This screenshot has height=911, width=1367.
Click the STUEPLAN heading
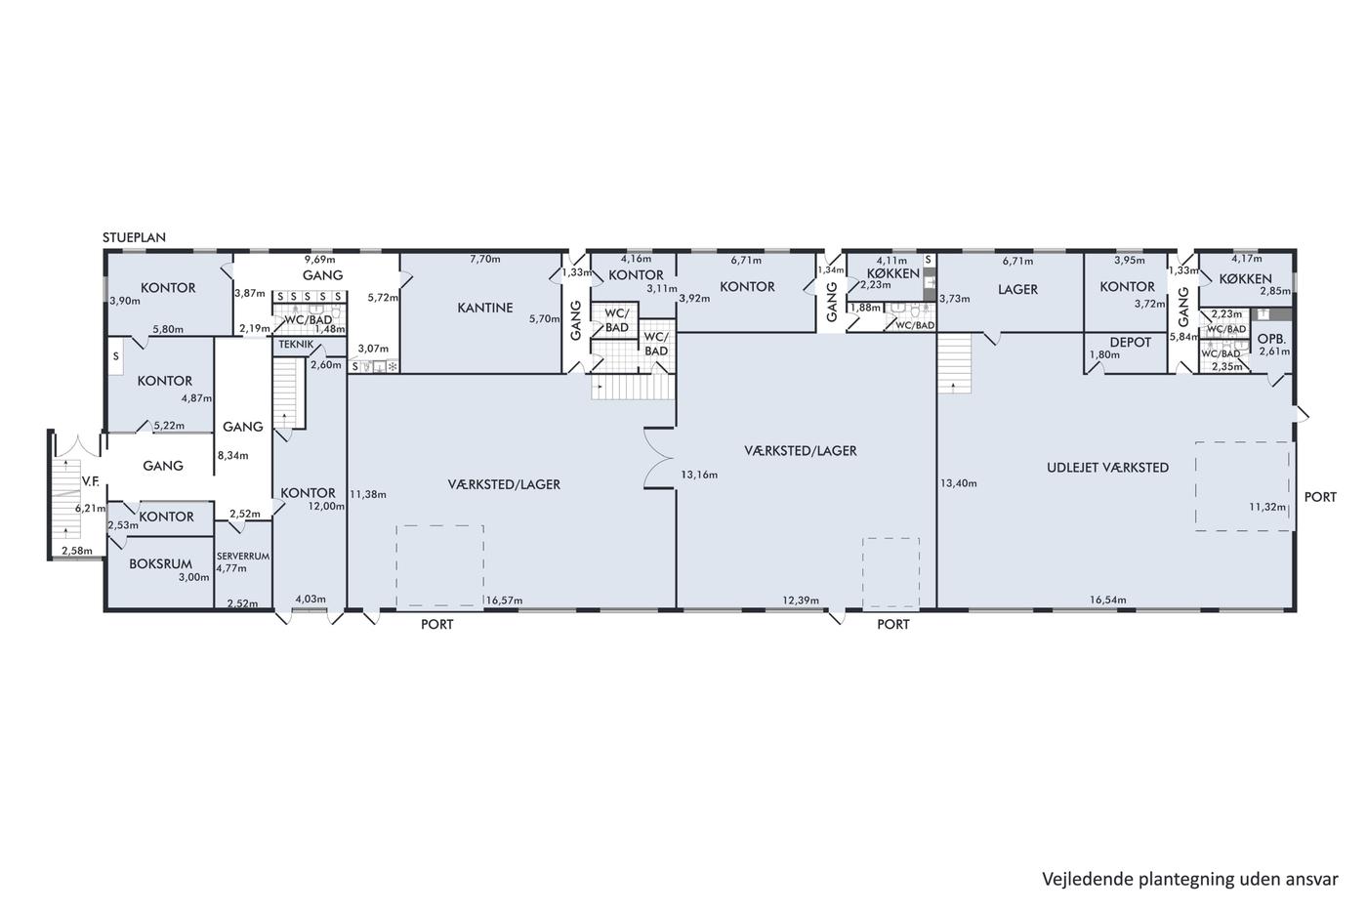(x=134, y=237)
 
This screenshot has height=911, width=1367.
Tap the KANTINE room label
(x=485, y=308)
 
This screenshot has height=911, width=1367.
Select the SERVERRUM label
(x=243, y=557)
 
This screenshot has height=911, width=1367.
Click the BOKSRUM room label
(x=160, y=563)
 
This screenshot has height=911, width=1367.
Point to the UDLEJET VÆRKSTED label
(x=1107, y=468)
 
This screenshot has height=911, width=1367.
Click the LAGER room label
(x=1017, y=289)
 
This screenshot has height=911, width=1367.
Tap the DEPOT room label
(x=1131, y=343)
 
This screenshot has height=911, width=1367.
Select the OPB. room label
(x=1271, y=339)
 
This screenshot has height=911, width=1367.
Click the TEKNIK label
(x=296, y=345)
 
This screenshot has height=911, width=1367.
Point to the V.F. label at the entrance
(x=90, y=481)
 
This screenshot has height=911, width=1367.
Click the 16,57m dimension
(x=504, y=600)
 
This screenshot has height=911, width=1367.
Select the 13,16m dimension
(x=699, y=475)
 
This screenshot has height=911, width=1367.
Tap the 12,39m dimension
(x=801, y=600)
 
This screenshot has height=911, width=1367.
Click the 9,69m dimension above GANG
(x=320, y=260)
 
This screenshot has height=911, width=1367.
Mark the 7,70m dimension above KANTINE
(x=485, y=260)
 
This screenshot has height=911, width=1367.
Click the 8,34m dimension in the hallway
(x=233, y=455)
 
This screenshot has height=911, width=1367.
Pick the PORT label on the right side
(x=1320, y=497)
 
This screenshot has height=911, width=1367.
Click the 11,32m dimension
(x=1267, y=507)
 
